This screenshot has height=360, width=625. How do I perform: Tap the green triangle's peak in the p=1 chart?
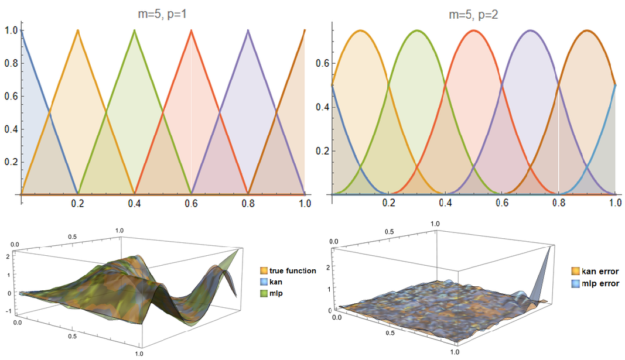click(x=135, y=30)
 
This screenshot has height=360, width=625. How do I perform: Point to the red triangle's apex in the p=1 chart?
click(x=192, y=30)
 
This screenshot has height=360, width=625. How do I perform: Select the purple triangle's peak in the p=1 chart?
click(x=248, y=30)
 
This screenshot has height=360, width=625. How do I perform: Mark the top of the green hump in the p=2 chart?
click(x=417, y=30)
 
